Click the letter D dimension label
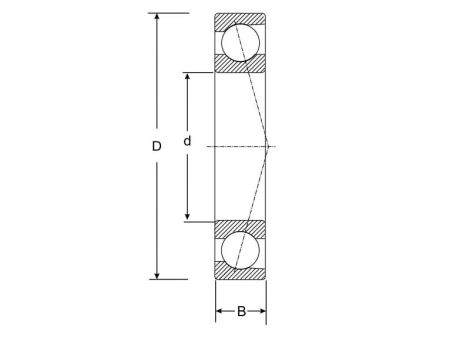click(x=156, y=147)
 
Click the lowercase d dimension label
click(x=187, y=142)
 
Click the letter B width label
click(x=241, y=312)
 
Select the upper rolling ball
click(x=241, y=42)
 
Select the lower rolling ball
click(x=241, y=250)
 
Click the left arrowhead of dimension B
click(x=220, y=312)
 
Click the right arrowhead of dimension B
click(x=262, y=312)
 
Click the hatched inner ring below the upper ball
click(x=241, y=65)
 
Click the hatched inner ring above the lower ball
click(x=241, y=227)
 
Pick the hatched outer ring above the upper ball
click(x=241, y=19)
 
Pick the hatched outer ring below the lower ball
click(x=241, y=273)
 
